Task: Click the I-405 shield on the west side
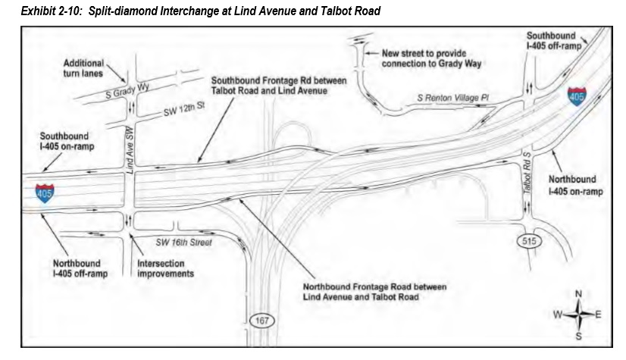coord(44,193)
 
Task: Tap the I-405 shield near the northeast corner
coord(577,96)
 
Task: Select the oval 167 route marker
coord(262,321)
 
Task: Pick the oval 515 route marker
coord(529,241)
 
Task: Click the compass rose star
coord(578,315)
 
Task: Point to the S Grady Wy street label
coord(127,91)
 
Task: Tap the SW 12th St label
coord(184,108)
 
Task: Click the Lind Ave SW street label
coord(130,149)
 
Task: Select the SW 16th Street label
coord(183,243)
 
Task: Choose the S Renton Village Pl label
coord(452,98)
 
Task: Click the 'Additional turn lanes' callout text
coord(83,68)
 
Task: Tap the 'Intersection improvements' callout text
coord(165,268)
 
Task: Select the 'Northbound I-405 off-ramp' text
coord(80,268)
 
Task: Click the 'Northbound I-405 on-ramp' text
coord(575,185)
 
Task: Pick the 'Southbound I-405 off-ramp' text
coord(554,41)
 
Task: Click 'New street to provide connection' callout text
coord(431,58)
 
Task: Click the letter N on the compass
coord(578,294)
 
